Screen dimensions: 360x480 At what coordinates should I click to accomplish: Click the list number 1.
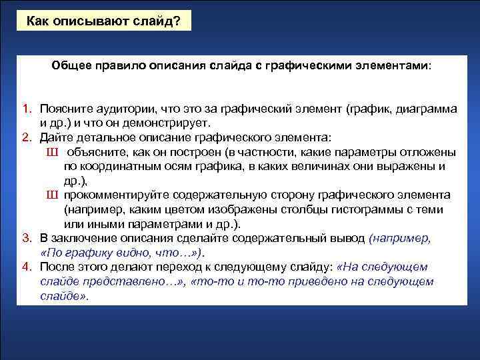click(x=25, y=108)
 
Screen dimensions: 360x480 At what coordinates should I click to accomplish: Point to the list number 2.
click(x=25, y=137)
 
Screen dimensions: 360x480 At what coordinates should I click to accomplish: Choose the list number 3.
click(x=25, y=238)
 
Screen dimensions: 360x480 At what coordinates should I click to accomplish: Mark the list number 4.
click(x=25, y=267)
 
